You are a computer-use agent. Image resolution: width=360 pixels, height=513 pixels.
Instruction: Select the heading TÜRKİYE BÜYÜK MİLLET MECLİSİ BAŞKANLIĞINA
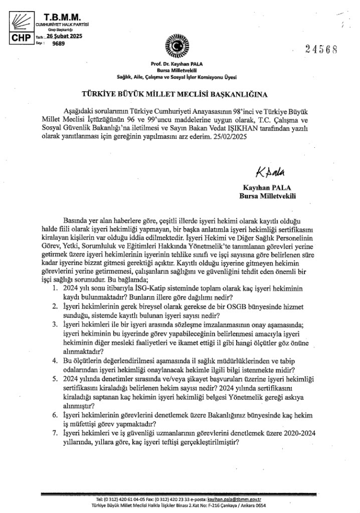tap(180, 93)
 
